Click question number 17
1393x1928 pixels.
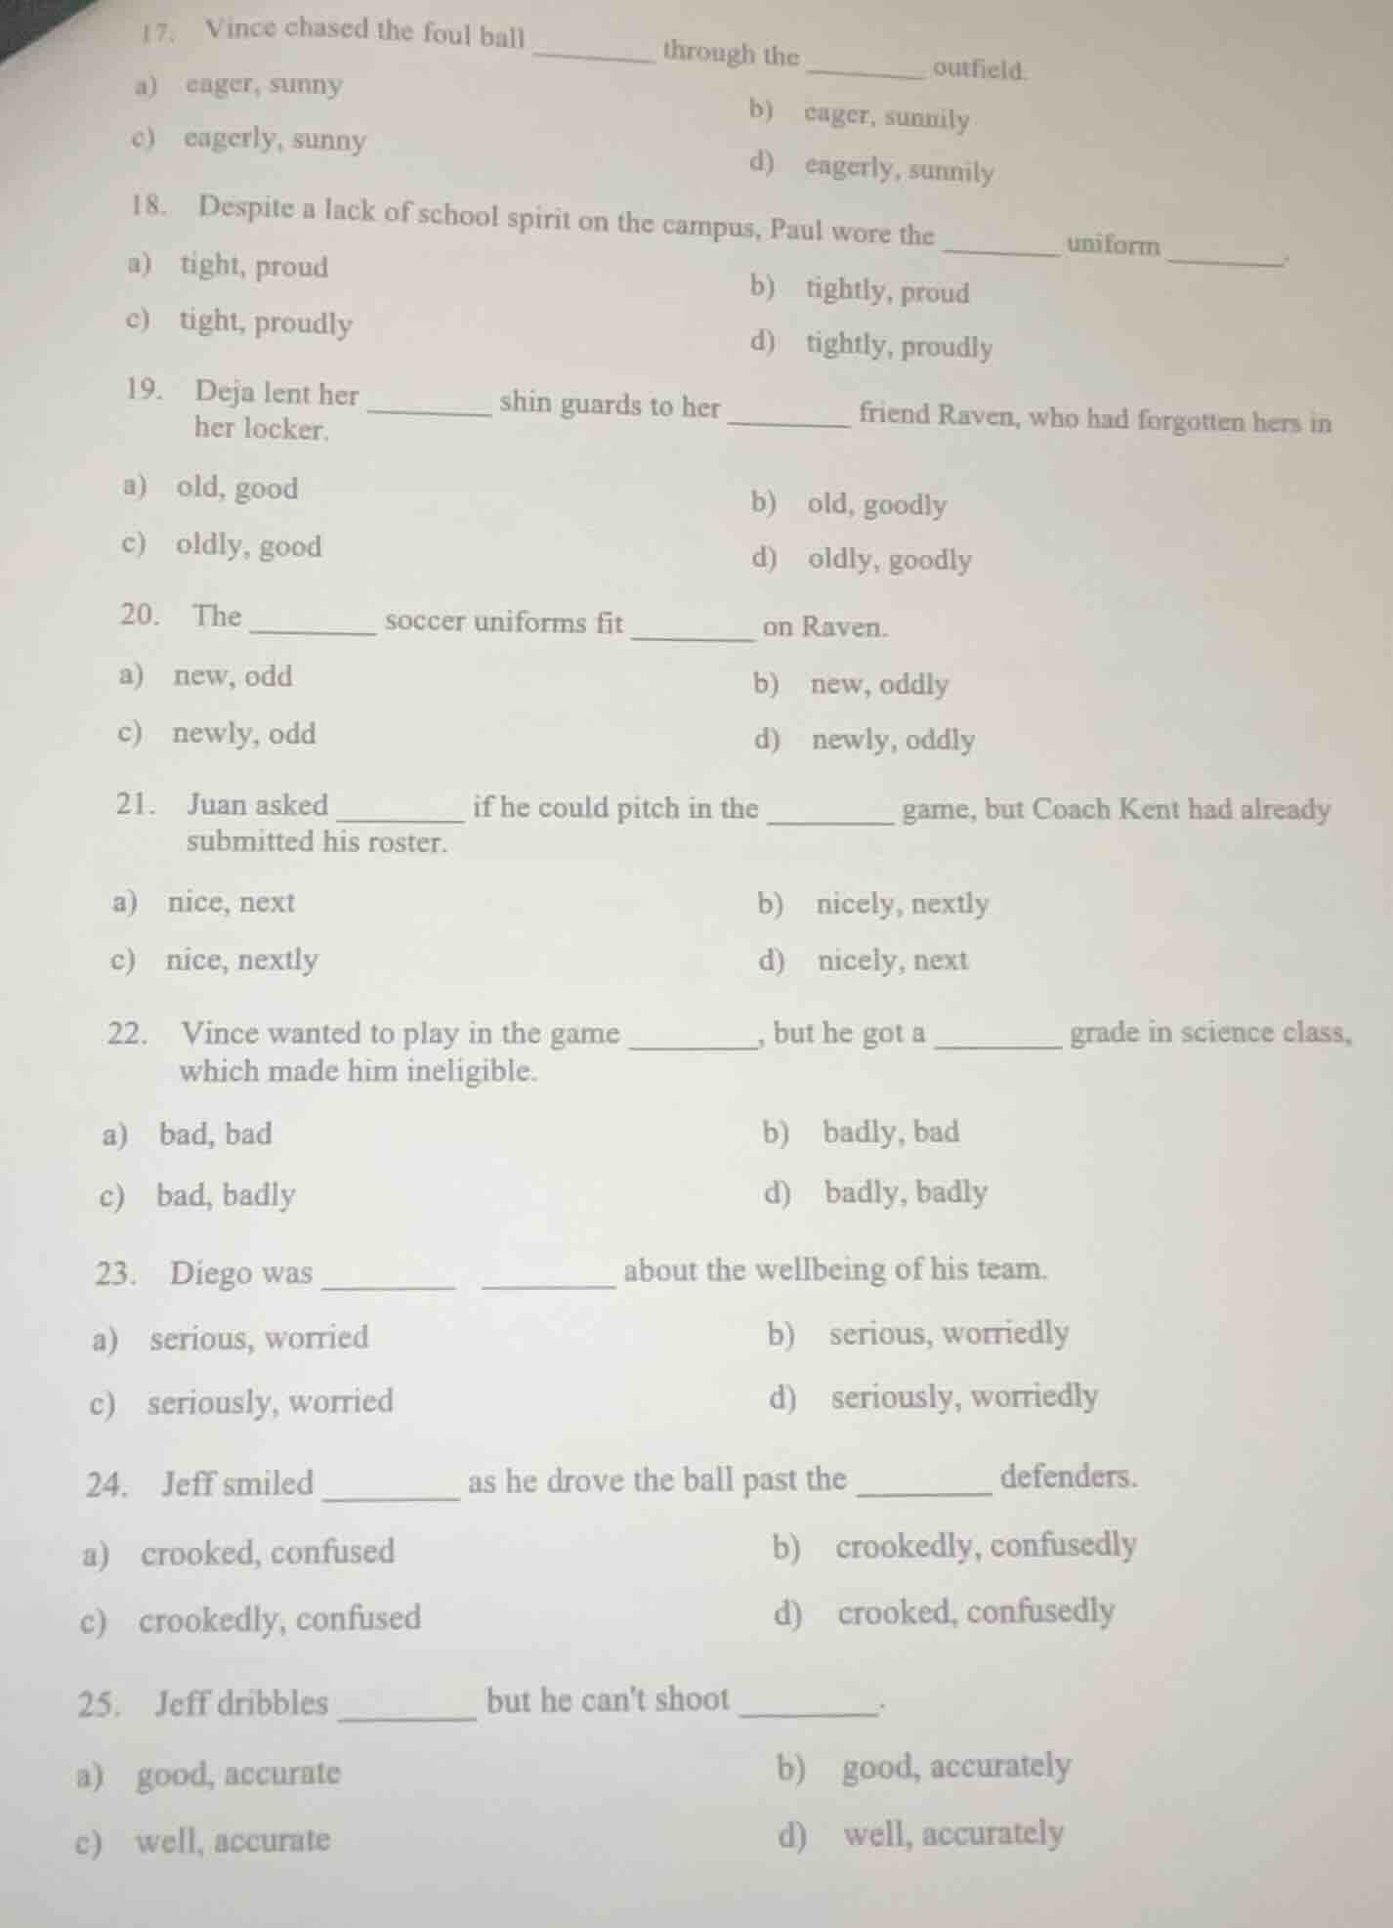click(x=156, y=31)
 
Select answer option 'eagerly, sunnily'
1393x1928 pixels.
click(x=899, y=170)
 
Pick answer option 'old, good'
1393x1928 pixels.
click(x=237, y=488)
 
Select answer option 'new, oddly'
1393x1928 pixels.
click(x=879, y=684)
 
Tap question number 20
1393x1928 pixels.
click(x=140, y=615)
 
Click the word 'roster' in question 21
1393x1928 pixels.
click(x=407, y=842)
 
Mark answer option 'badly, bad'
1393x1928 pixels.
click(x=891, y=1132)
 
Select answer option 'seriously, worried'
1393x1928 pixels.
click(x=271, y=1401)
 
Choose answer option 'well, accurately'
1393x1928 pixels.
click(x=953, y=1833)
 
